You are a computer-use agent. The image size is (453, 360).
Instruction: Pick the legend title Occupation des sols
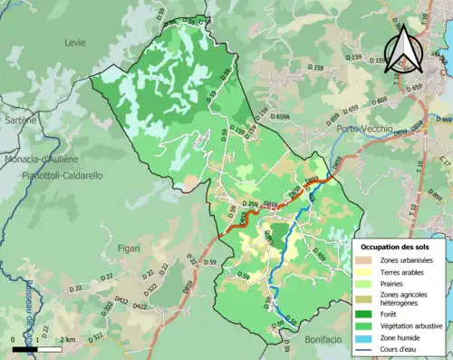pos(397,246)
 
